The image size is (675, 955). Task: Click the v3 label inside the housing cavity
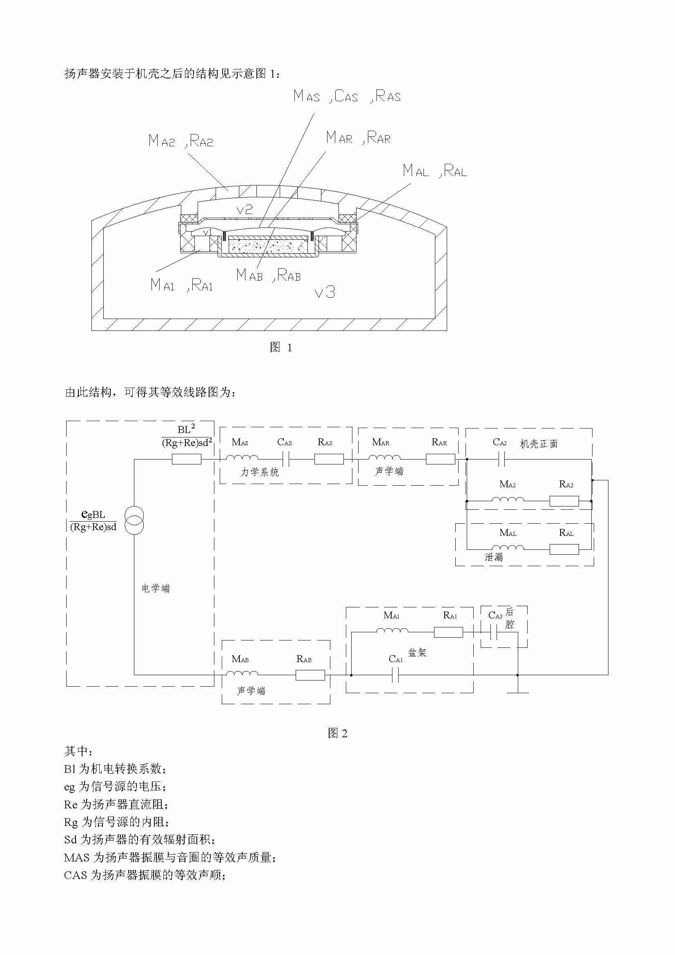tap(325, 292)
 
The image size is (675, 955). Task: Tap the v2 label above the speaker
tap(245, 209)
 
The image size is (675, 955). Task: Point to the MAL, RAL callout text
tap(435, 171)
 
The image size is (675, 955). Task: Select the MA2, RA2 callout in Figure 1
tap(181, 141)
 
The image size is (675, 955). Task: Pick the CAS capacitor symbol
tap(286, 459)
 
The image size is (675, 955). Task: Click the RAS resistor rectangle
tap(329, 459)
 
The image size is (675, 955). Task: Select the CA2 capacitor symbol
tap(501, 459)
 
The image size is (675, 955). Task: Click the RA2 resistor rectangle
tap(564, 501)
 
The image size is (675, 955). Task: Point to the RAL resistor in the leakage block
tap(564, 549)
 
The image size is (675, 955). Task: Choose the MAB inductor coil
tap(242, 673)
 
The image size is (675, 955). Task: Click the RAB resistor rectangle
tap(310, 675)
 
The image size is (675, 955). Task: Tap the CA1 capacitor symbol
tap(396, 675)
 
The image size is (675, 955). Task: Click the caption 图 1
tap(281, 347)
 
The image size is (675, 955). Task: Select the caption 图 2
tap(337, 733)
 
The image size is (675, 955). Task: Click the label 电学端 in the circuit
tap(156, 588)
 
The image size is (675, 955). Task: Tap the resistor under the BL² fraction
tap(187, 459)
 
